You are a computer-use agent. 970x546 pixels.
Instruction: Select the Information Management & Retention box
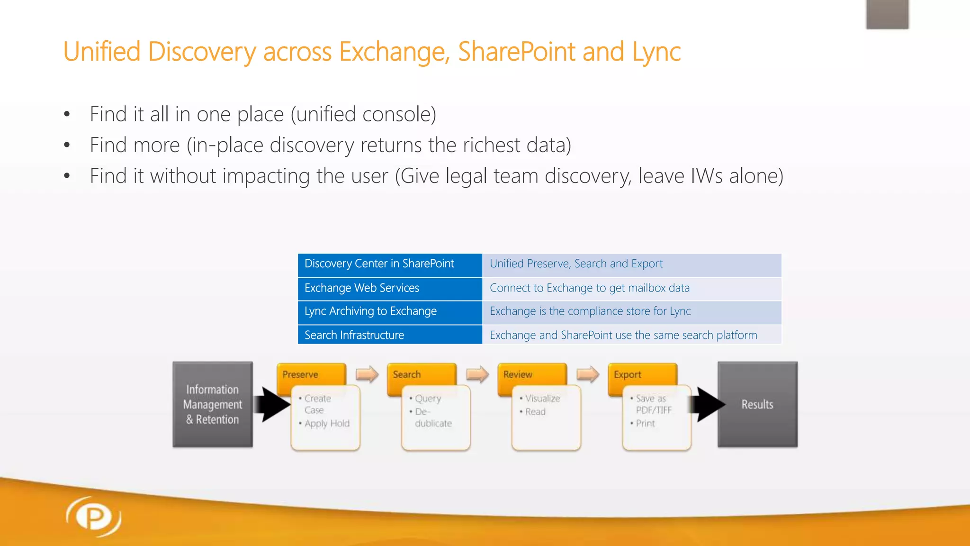(x=212, y=404)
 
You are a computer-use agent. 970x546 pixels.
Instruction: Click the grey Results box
(x=757, y=404)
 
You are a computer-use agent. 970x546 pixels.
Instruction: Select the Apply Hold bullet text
(x=327, y=423)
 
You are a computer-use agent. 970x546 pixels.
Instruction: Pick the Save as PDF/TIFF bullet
(x=652, y=404)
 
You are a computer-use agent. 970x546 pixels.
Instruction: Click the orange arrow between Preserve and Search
(x=367, y=374)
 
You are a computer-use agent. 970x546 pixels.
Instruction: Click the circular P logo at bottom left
(x=94, y=517)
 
